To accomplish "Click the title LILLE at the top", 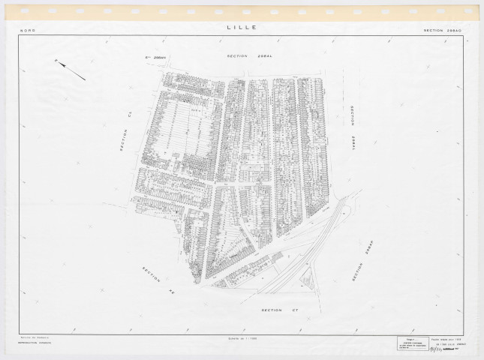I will tap(241, 27).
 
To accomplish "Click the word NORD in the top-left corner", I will tap(29, 31).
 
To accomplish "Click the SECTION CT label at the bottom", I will tap(270, 309).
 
